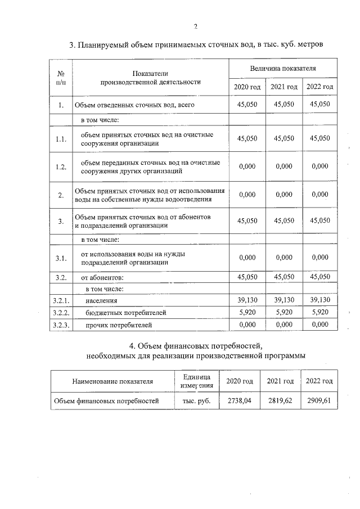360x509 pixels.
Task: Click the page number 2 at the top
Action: click(x=195, y=26)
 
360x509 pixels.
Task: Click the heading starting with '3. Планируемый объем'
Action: click(x=196, y=45)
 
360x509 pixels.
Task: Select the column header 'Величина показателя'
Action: click(x=283, y=68)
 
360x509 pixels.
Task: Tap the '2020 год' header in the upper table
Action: click(x=247, y=87)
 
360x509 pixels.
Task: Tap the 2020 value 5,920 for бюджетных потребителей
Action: click(x=247, y=313)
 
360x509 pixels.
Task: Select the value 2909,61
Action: click(x=319, y=400)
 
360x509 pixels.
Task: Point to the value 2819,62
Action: click(x=280, y=400)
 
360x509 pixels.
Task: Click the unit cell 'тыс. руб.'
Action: click(x=196, y=400)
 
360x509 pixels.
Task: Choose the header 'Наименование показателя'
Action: click(x=112, y=381)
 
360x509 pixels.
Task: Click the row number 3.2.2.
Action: click(x=61, y=313)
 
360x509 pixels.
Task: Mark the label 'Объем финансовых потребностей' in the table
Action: click(x=106, y=400)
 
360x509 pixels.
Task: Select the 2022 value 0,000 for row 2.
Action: click(x=319, y=195)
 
